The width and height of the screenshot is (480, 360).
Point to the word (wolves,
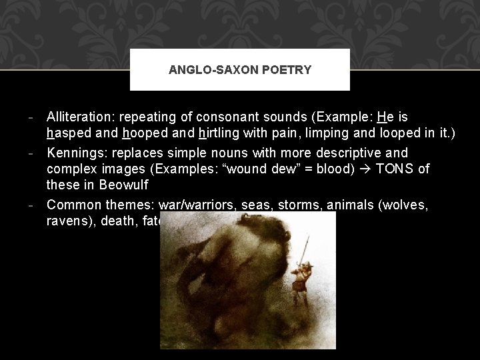[x=403, y=205]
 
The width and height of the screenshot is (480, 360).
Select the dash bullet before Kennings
[x=31, y=153]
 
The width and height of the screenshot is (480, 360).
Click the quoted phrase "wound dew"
[x=257, y=169]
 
